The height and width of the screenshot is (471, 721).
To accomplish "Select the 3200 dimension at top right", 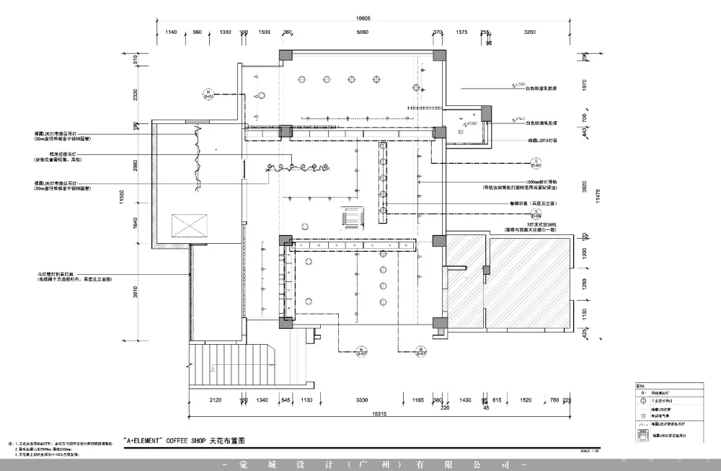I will coord(530,32).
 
